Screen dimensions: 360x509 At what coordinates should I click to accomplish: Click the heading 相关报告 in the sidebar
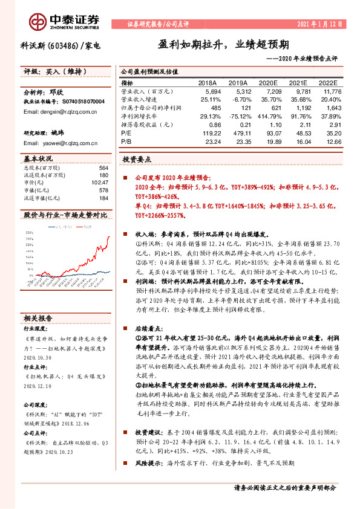click(x=38, y=318)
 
